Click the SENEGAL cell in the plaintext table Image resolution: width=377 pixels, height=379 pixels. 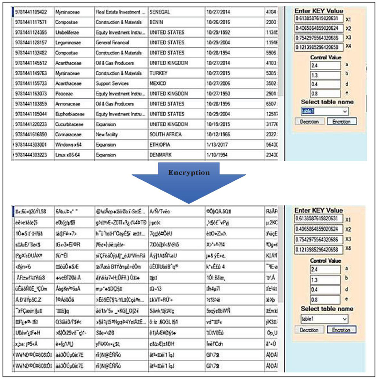[x=160, y=12]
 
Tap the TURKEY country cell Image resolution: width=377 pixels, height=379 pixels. [x=158, y=73]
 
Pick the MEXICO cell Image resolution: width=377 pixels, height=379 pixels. [x=158, y=84]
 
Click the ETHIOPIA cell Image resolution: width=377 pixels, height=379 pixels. [x=160, y=145]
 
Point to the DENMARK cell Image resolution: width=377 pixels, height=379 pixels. [x=160, y=155]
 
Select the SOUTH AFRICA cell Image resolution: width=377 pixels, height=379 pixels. [x=165, y=135]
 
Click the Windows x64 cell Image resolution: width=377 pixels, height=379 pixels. [x=68, y=145]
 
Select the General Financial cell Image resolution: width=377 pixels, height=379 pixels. [x=113, y=43]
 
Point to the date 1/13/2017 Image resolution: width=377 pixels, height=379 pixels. [x=217, y=145]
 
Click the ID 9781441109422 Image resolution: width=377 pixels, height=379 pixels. [x=31, y=12]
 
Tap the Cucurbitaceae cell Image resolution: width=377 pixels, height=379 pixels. [x=70, y=124]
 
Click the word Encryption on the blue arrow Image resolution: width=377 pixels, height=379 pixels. [x=189, y=172]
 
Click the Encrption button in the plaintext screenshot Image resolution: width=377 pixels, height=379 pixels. [x=341, y=122]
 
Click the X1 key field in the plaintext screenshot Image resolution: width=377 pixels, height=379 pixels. [x=319, y=19]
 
